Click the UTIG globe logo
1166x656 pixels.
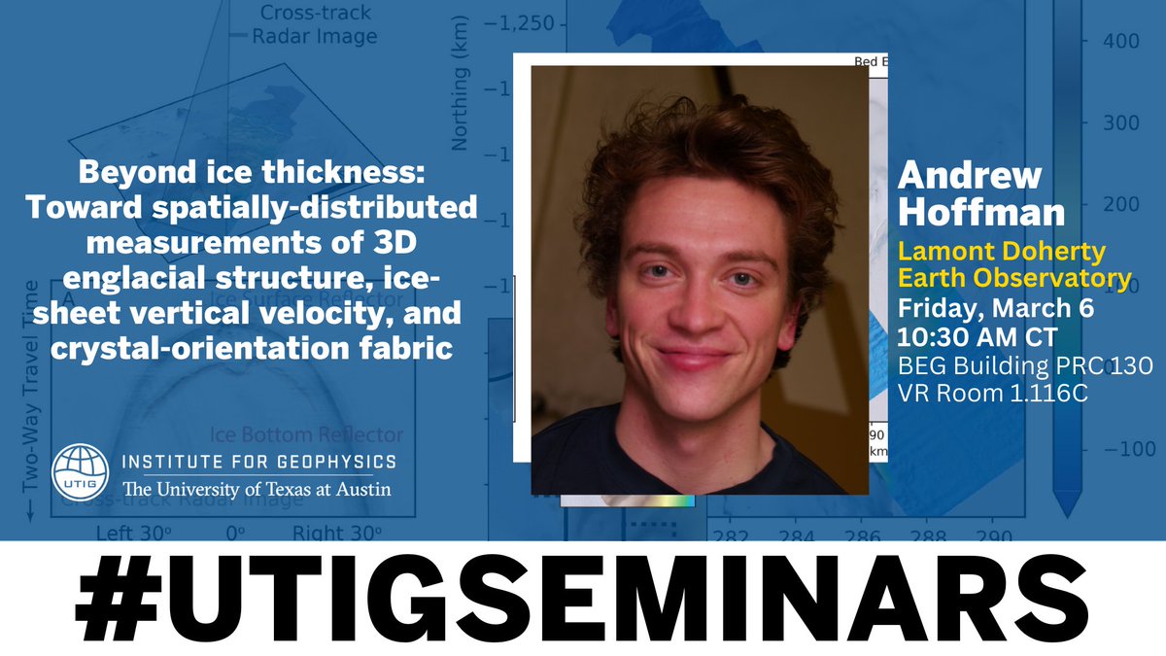(x=84, y=472)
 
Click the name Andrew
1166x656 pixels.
(x=955, y=176)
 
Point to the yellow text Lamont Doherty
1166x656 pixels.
(x=1002, y=252)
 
